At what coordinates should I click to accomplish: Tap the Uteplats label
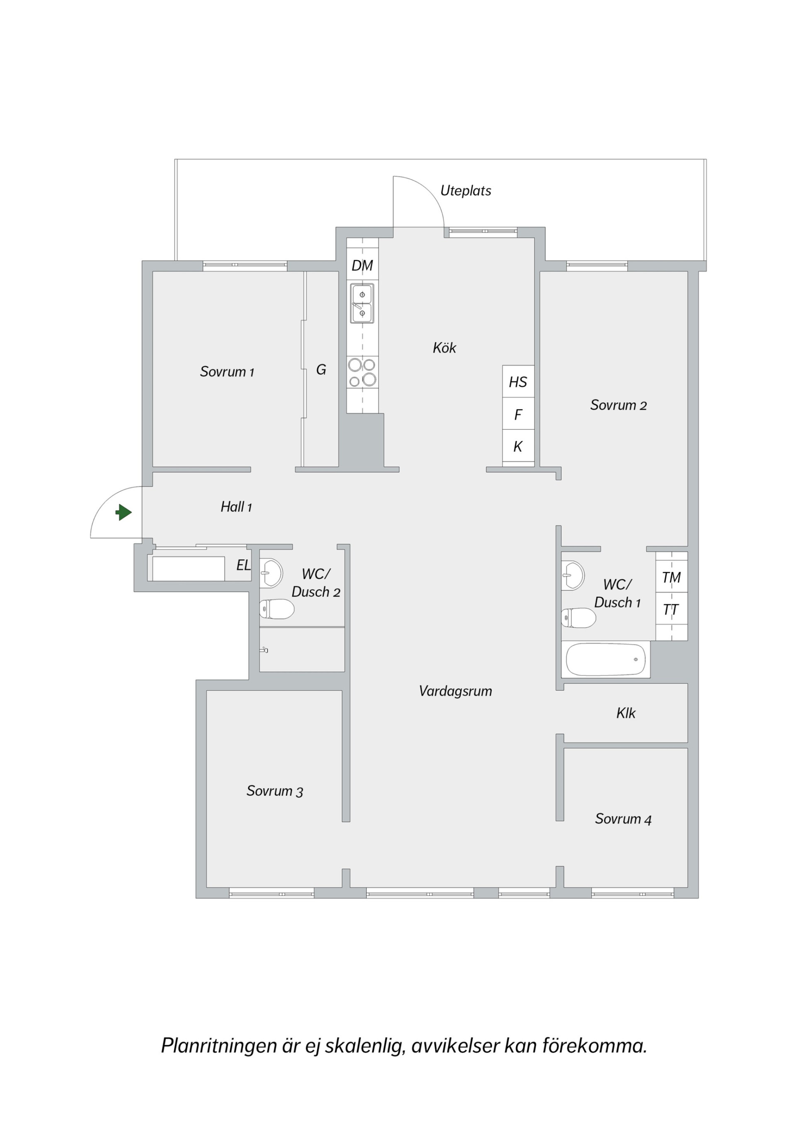point(466,191)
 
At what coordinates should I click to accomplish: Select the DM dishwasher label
point(362,266)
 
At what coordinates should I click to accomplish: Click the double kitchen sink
point(362,303)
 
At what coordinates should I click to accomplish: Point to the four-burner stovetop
point(362,372)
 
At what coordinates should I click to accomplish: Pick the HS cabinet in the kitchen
point(518,381)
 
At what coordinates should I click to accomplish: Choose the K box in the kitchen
point(518,446)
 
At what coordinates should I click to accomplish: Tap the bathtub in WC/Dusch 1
point(606,660)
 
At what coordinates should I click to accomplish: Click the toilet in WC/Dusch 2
point(277,609)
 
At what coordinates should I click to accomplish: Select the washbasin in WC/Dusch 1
point(573,575)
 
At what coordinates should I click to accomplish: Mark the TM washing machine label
point(672,578)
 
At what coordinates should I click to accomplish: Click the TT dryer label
point(670,609)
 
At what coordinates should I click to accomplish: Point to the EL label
point(244,565)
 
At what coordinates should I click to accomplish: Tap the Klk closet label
point(626,713)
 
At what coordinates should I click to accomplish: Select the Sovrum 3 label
point(274,791)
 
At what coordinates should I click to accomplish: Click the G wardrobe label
point(321,369)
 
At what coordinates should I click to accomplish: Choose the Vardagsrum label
point(455,692)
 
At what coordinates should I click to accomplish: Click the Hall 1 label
point(236,507)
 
